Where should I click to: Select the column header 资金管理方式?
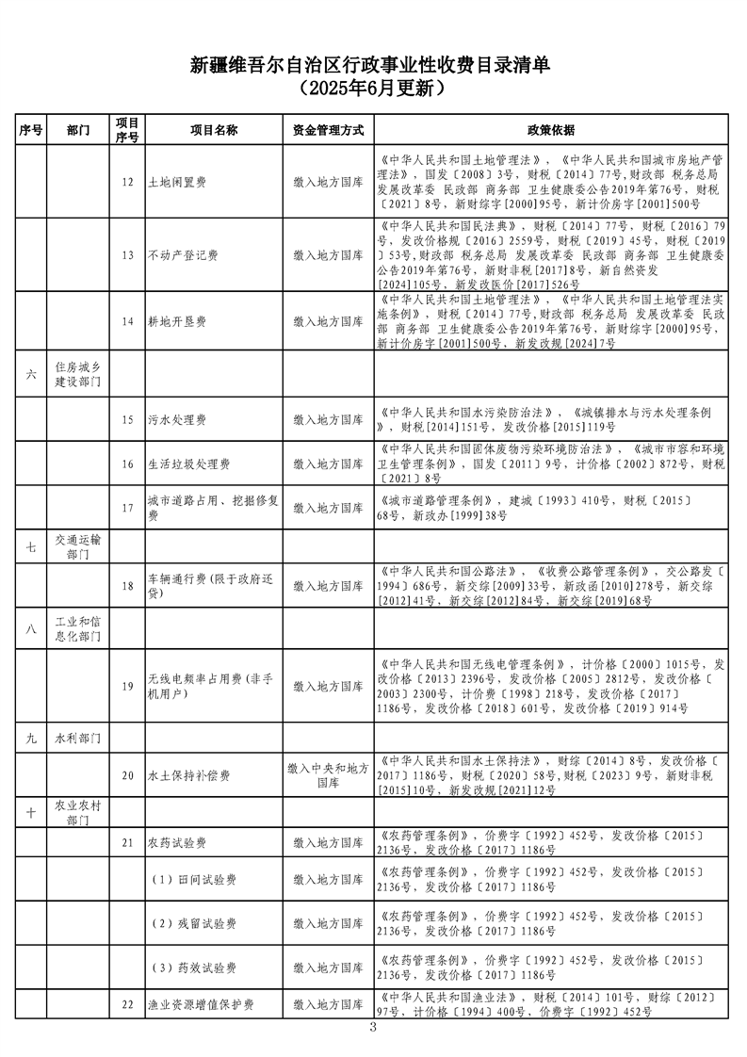pos(328,130)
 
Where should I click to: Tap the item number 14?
pos(127,321)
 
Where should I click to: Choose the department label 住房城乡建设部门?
pos(80,374)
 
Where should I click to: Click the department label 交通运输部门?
pos(80,547)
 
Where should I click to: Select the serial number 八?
pos(31,627)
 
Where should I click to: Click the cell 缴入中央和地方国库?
pos(328,775)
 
